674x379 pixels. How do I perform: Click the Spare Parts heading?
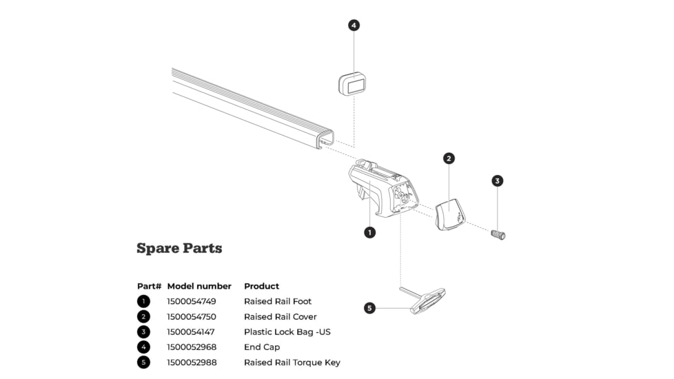pos(179,248)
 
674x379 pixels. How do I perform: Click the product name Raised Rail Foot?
pos(278,301)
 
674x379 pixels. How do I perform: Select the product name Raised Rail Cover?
pos(280,317)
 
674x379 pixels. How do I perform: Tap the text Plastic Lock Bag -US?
pos(287,332)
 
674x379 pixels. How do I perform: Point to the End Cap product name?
pos(262,347)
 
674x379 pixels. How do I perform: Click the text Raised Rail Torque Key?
pos(292,362)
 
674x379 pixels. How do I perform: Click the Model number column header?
pos(199,286)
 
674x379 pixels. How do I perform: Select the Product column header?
pos(262,286)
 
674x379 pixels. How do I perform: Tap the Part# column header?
pos(149,286)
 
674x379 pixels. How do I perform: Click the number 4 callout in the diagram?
pos(354,25)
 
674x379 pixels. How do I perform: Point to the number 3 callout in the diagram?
pos(498,181)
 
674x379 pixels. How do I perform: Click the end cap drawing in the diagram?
pos(351,84)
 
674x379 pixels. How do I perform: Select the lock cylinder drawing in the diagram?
pos(498,234)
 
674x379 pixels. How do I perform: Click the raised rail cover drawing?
pos(449,214)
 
